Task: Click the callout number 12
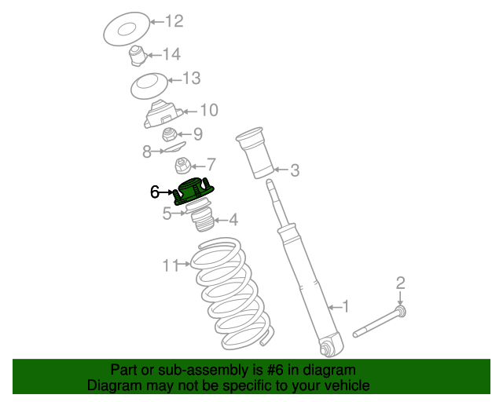[174, 21]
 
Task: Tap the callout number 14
[172, 54]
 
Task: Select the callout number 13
[192, 79]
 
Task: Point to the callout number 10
[209, 110]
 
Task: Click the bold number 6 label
[155, 192]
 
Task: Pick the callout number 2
[400, 283]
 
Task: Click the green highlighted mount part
[194, 192]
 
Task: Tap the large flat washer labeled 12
[127, 29]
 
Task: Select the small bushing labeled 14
[138, 56]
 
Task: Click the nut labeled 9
[170, 134]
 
